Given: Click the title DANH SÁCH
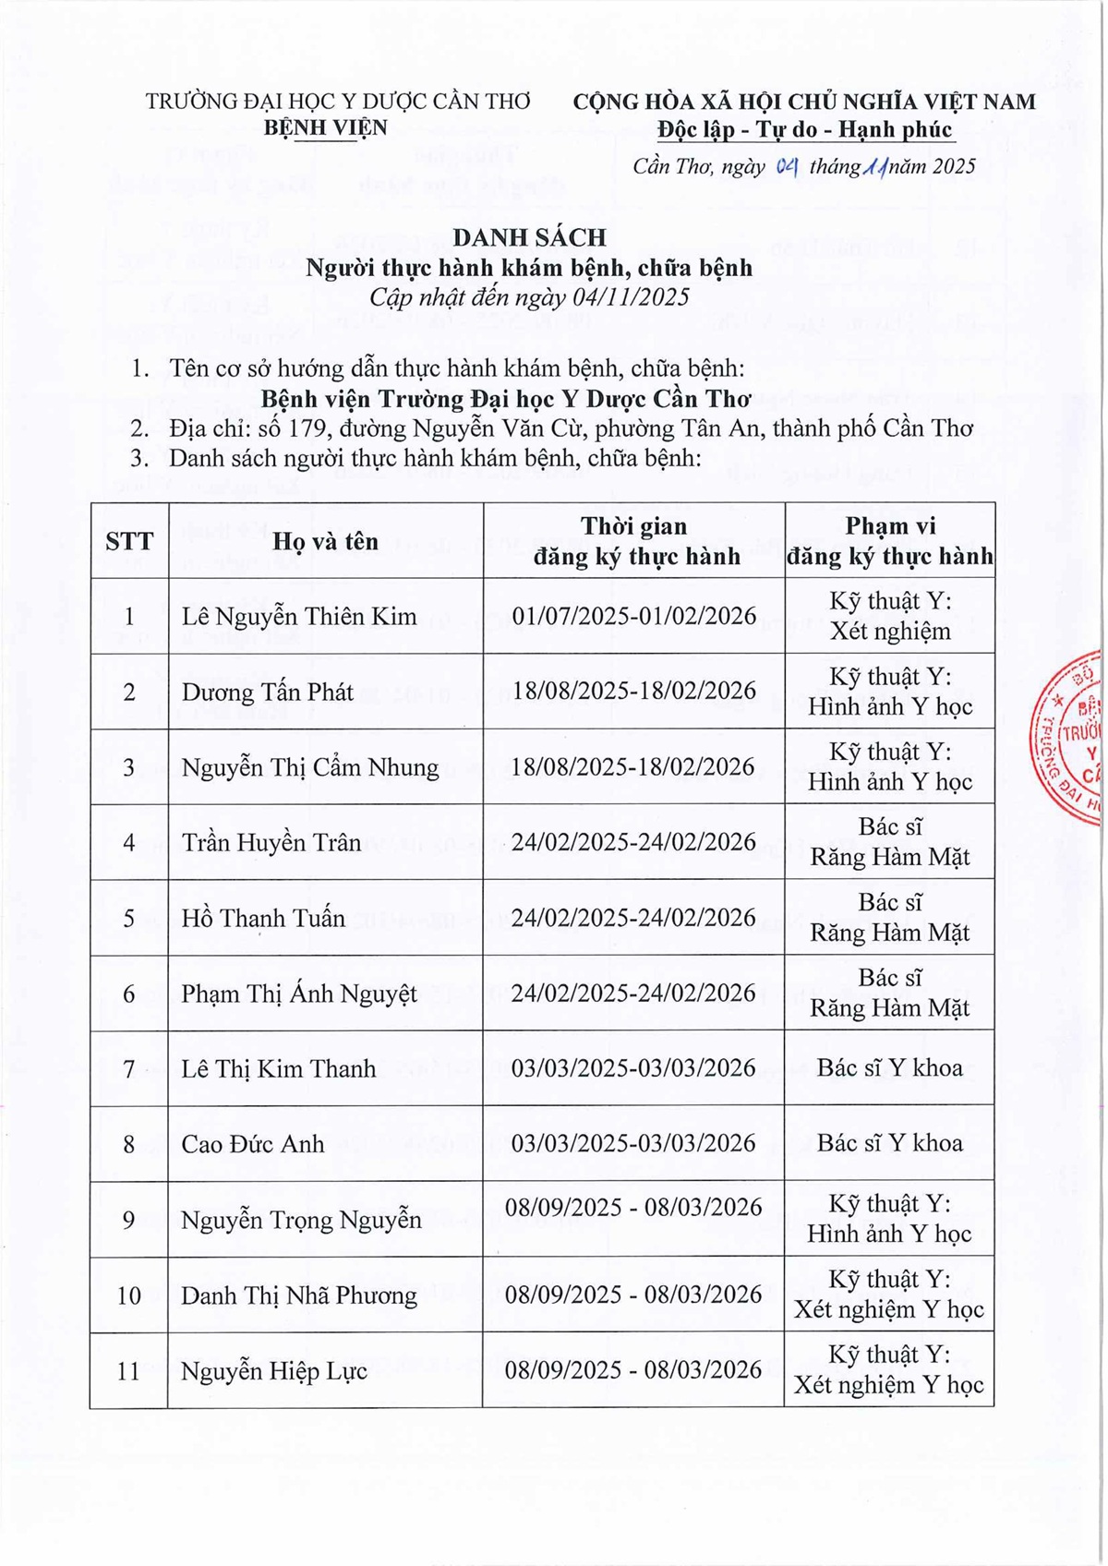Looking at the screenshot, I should pos(529,237).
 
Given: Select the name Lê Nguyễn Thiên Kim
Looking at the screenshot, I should pos(299,616).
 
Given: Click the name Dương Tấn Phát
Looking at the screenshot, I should pos(267,692).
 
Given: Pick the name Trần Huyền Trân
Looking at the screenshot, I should pos(271,842).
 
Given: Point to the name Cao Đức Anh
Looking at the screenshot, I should pos(253,1144).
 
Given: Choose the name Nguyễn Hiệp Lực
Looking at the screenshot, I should pos(274,1371).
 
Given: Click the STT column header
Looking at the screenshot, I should pos(129,541).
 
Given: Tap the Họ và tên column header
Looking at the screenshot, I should pos(325,541).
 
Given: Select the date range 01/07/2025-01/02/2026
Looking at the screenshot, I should pos(634,616).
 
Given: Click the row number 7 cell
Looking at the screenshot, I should pos(129,1069).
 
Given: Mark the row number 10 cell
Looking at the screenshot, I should pos(129,1295).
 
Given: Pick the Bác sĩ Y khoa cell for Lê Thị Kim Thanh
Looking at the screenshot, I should pos(889,1068).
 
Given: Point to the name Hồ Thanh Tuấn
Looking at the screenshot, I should pos(263,918).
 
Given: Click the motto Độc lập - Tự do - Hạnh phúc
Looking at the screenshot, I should pos(804,129).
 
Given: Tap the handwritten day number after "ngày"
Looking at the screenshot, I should pos(787,167).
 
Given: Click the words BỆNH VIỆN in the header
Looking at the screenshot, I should pos(326,127).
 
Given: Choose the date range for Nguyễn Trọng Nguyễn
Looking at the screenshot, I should pos(633,1208).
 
